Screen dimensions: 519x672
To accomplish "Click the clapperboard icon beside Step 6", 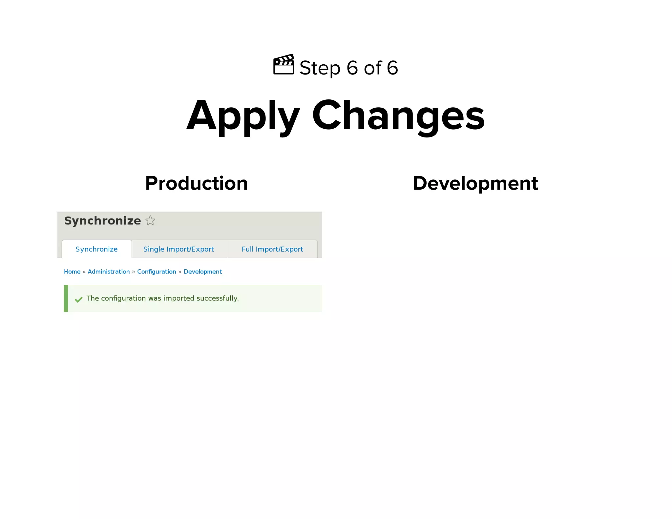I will pyautogui.click(x=283, y=65).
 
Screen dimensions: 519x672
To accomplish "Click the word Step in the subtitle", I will pyautogui.click(x=320, y=68).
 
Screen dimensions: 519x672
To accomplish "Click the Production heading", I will pyautogui.click(x=196, y=183).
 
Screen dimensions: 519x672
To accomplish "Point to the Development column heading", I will pyautogui.click(x=475, y=183).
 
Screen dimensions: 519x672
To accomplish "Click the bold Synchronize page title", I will pyautogui.click(x=102, y=221).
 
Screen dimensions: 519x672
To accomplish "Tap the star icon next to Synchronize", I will pyautogui.click(x=150, y=220).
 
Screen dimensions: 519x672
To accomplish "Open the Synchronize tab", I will pyautogui.click(x=96, y=249).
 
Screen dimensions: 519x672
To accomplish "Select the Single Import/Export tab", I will pyautogui.click(x=178, y=249).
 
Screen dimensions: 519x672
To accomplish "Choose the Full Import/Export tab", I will pyautogui.click(x=272, y=249).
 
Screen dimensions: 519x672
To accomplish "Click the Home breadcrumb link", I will pyautogui.click(x=72, y=272).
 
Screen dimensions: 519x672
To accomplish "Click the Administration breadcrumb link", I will pyautogui.click(x=109, y=272).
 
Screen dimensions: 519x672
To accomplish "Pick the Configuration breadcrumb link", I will pyautogui.click(x=157, y=272).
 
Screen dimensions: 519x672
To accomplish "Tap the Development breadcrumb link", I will pyautogui.click(x=202, y=272).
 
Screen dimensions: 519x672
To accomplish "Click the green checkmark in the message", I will pyautogui.click(x=78, y=300).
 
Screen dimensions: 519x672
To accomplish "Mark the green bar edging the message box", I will pyautogui.click(x=66, y=298).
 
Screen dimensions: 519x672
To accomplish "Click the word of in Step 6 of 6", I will pyautogui.click(x=373, y=68).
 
